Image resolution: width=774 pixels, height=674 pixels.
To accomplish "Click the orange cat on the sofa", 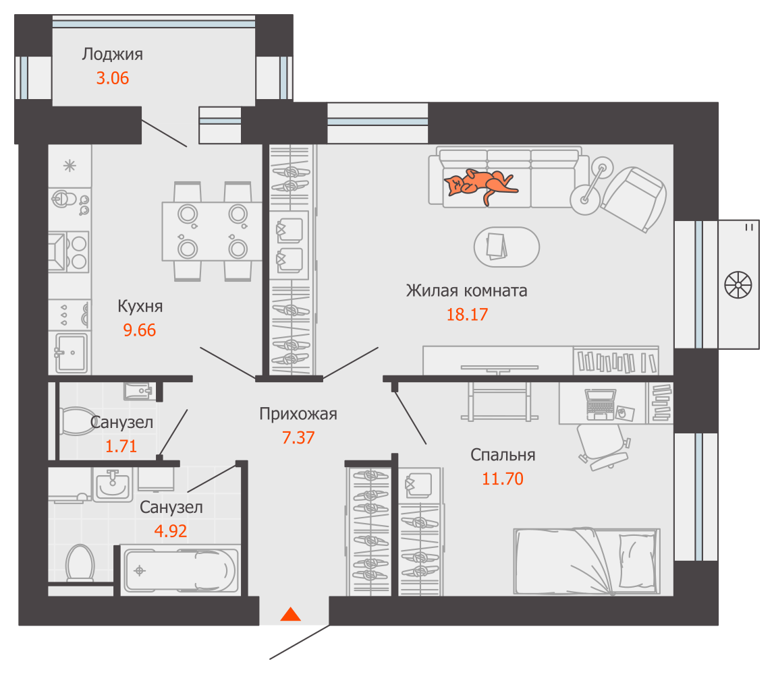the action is point(479,184).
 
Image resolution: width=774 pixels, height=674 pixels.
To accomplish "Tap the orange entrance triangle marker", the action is point(291,614).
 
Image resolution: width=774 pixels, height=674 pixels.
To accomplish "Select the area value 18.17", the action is point(467,315).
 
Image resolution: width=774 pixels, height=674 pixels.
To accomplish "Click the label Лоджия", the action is point(113,54).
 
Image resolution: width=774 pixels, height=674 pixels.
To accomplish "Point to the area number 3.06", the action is point(113,78).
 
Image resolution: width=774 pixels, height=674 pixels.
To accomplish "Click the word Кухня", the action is point(140,306).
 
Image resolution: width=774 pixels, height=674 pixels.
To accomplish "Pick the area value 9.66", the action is point(140,330).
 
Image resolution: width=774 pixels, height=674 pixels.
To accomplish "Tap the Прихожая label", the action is point(298,414).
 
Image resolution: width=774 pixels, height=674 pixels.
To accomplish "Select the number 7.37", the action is point(298,437).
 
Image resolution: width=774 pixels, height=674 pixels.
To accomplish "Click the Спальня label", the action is point(503,454).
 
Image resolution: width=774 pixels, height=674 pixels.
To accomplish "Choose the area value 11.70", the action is point(503,479).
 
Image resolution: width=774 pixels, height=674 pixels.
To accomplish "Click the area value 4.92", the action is point(171,531).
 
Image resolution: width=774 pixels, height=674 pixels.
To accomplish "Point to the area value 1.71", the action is point(121,446).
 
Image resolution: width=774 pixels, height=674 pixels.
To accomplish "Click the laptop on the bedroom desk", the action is point(601,404).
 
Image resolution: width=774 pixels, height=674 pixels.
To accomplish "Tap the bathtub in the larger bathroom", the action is point(181,570).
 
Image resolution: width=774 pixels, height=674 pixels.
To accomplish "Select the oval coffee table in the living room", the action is point(507,247).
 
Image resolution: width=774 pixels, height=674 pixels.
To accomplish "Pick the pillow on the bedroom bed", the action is point(637,559).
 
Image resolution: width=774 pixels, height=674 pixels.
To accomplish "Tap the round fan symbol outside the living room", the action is point(738,284).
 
